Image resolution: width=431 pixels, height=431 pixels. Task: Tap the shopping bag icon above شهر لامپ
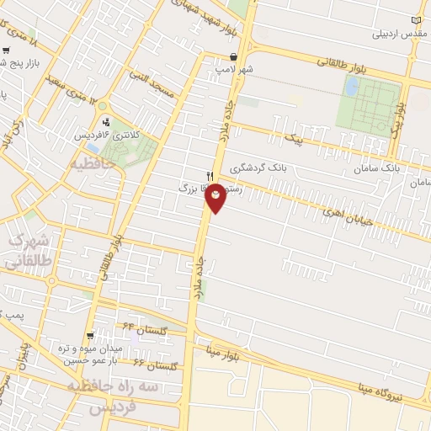tap(233, 57)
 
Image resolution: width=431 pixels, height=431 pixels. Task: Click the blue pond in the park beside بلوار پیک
tap(350, 85)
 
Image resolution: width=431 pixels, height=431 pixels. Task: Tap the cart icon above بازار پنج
tap(7, 50)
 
